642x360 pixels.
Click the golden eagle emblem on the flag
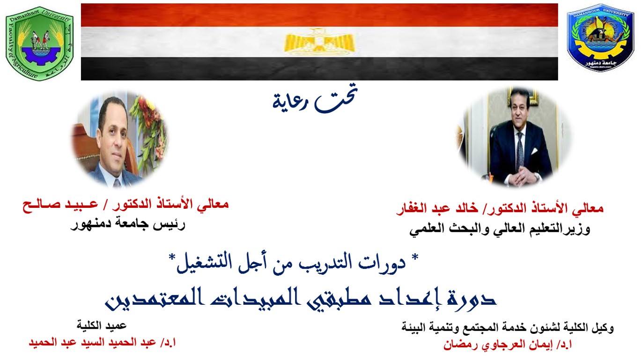(x=320, y=42)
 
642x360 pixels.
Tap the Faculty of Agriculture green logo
(x=39, y=44)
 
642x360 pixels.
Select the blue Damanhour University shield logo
(x=600, y=37)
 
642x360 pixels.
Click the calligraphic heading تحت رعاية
(x=315, y=98)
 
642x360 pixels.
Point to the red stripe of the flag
(x=319, y=15)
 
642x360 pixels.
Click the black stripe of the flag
(x=319, y=68)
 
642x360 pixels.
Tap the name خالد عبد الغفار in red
(x=437, y=208)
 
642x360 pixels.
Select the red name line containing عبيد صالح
(x=125, y=205)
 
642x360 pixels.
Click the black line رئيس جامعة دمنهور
(x=128, y=224)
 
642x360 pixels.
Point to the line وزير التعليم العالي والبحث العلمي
(x=500, y=229)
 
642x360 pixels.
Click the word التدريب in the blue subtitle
(x=329, y=263)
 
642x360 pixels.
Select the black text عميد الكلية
(x=102, y=326)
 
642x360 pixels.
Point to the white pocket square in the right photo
(x=534, y=151)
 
